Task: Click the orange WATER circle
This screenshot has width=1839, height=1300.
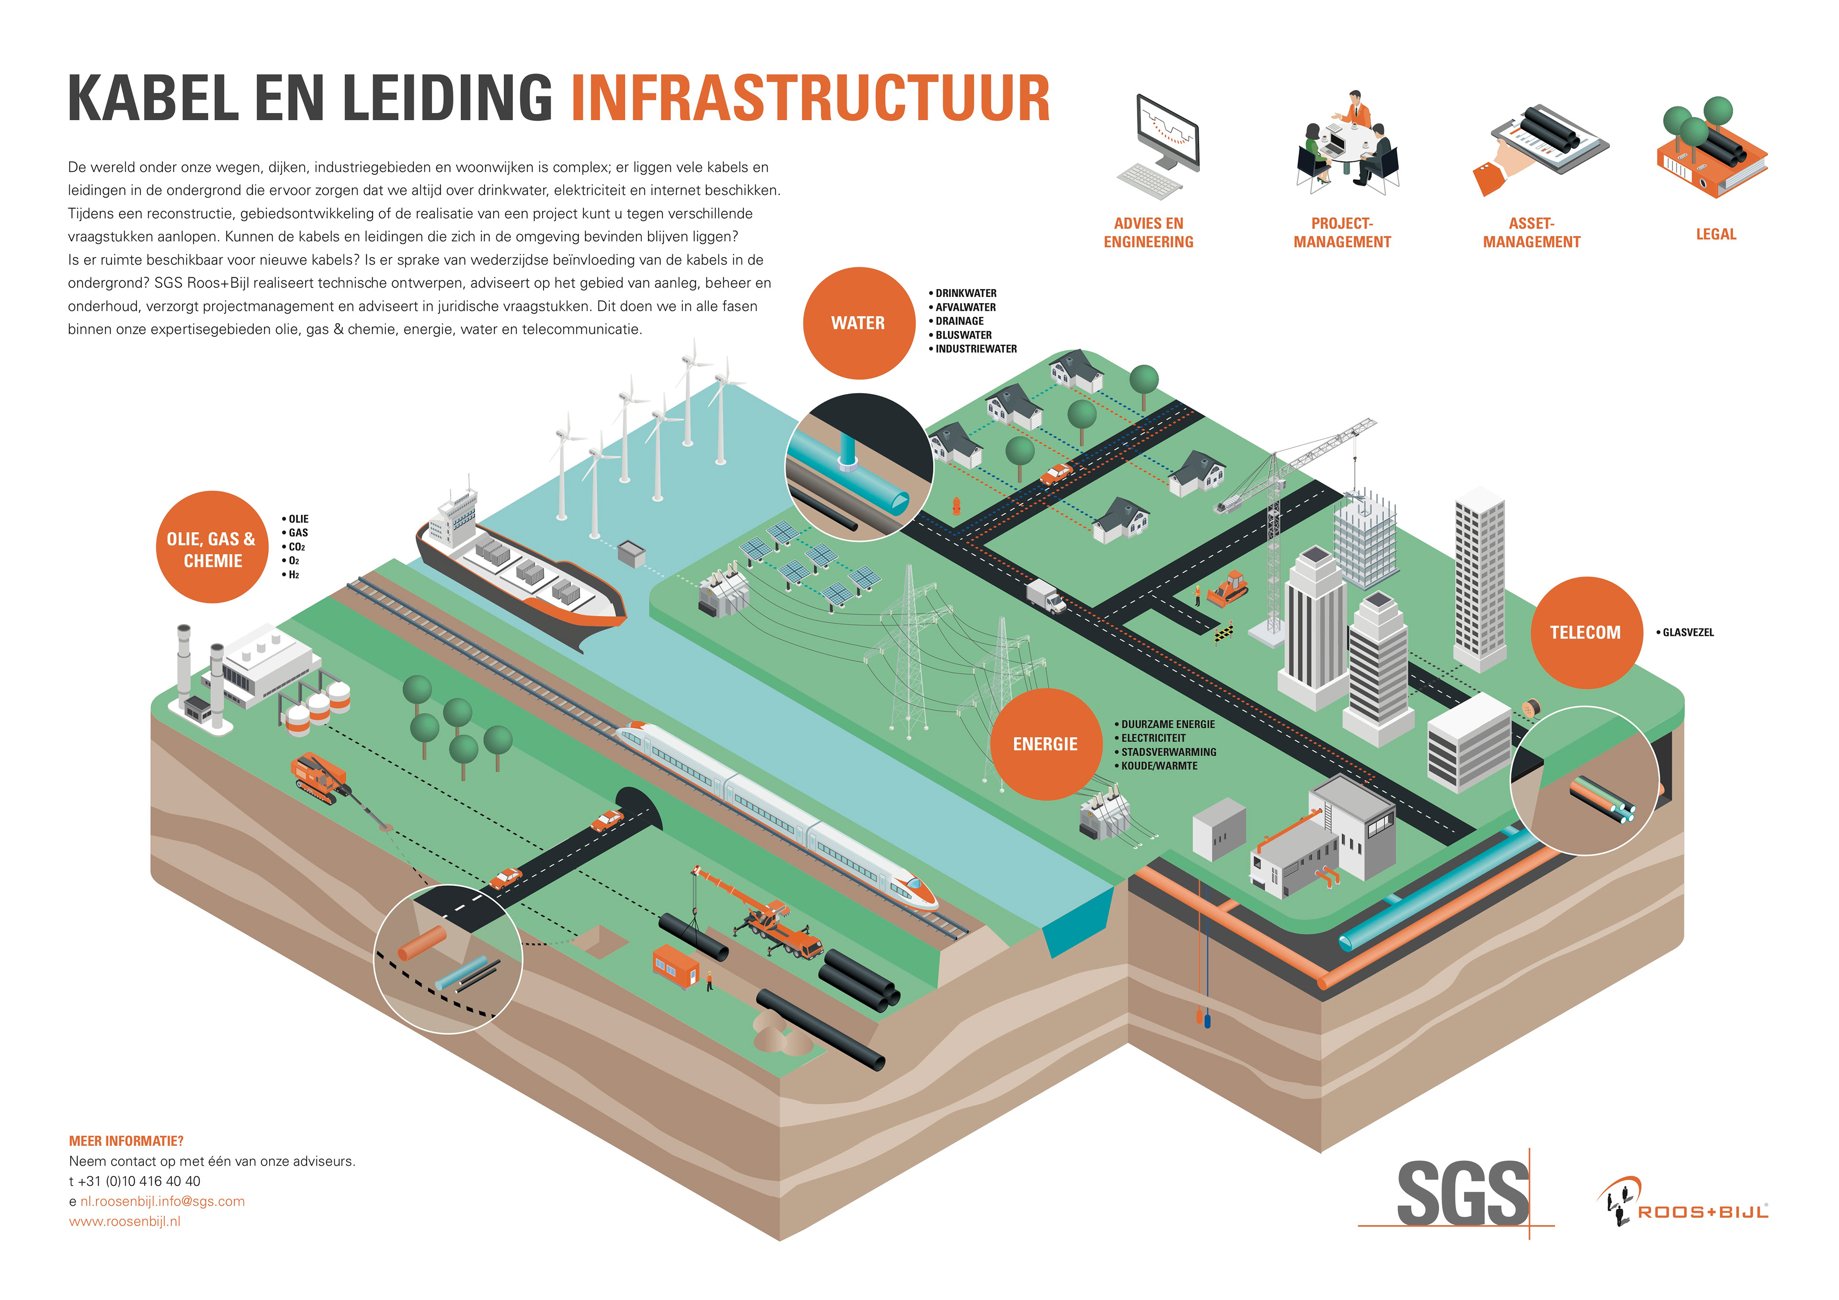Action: (x=858, y=323)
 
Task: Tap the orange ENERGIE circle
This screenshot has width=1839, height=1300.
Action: (x=1045, y=744)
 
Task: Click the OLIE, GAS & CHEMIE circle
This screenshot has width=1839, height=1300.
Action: (x=212, y=549)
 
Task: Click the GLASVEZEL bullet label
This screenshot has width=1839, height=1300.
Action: (x=1688, y=633)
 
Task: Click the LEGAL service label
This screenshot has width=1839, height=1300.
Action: (x=1715, y=234)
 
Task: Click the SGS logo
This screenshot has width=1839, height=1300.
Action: (x=1463, y=1194)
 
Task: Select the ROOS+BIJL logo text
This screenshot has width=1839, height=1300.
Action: (x=1702, y=1212)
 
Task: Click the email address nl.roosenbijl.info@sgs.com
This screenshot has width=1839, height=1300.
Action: (x=163, y=1201)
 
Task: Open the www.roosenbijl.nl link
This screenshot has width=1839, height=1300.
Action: (x=125, y=1221)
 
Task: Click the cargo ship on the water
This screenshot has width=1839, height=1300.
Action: (x=521, y=569)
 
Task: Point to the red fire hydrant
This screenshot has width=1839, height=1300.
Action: (x=955, y=506)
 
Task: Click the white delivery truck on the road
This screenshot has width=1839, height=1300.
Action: (x=1045, y=596)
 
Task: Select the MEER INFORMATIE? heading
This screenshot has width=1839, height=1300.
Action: (x=126, y=1141)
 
